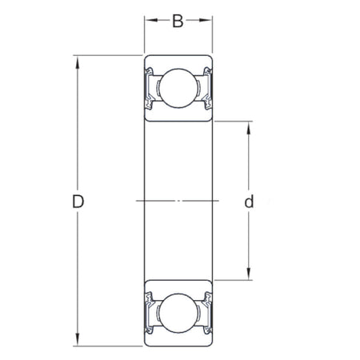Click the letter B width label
click(178, 21)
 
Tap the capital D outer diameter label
click(78, 202)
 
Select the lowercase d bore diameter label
click(249, 202)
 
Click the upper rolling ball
click(178, 87)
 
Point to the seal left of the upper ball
click(149, 87)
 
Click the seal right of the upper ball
click(207, 87)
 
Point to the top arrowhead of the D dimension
click(78, 60)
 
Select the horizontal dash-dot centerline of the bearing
click(178, 200)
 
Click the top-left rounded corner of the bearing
click(146, 58)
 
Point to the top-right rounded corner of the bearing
click(210, 58)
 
